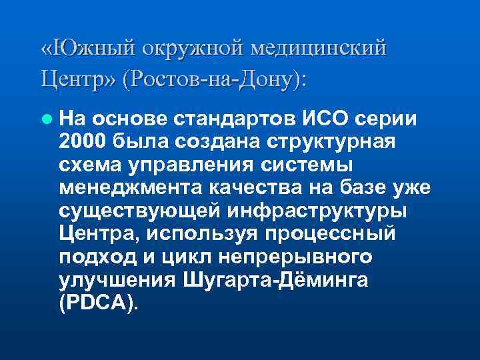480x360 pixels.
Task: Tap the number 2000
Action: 83,141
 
